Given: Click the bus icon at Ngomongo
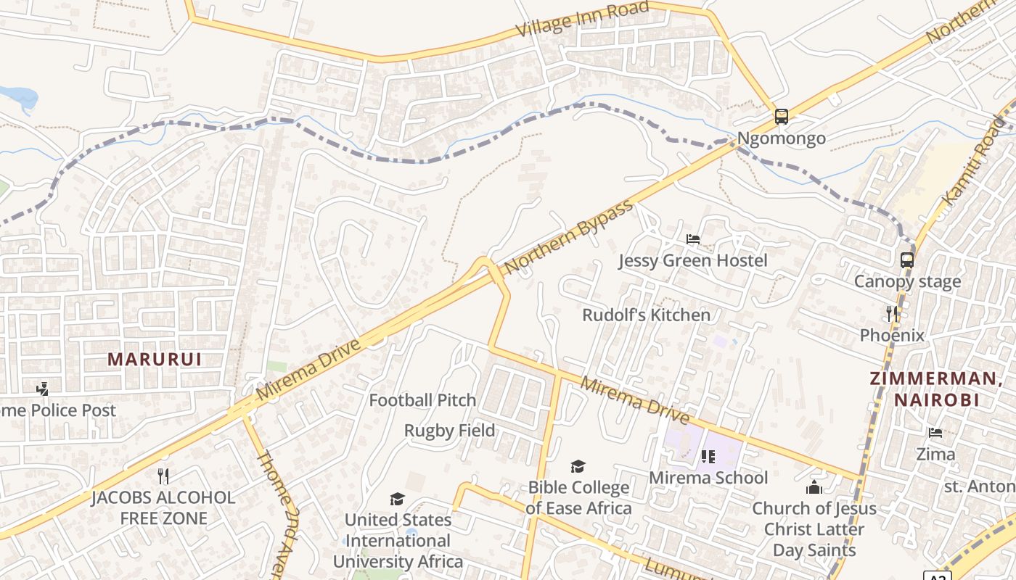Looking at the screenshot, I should (781, 116).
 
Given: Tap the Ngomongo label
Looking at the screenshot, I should (781, 138).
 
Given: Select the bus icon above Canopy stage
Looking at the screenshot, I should (906, 260).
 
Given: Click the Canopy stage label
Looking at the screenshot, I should (906, 281).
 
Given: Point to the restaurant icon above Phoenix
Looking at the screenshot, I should (892, 313).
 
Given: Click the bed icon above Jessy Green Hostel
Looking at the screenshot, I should (693, 239).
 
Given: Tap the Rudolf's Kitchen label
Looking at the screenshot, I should (646, 315).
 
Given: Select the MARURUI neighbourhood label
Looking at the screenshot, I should (154, 359).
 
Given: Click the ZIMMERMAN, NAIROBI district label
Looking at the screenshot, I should (935, 389).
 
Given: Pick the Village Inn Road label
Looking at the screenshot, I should (582, 20).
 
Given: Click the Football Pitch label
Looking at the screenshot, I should (422, 400).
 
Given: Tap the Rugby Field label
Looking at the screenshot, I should (449, 431).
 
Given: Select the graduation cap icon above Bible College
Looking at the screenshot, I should (578, 466).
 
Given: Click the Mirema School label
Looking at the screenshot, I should (708, 478).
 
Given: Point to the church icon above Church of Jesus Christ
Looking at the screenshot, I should (814, 486).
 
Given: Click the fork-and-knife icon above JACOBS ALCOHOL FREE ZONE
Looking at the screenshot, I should (163, 476).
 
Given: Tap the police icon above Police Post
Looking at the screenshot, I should (43, 389).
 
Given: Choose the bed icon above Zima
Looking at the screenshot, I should (935, 433).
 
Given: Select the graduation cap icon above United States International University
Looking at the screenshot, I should (397, 499).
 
